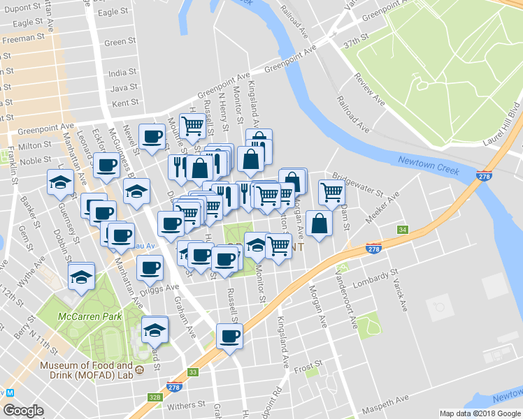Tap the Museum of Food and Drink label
[x=87, y=370]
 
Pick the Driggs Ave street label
[x=159, y=288]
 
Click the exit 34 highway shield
[x=402, y=230]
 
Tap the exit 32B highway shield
[x=155, y=397]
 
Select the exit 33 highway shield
[x=193, y=372]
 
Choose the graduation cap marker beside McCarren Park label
[x=155, y=329]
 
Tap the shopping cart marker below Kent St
[x=192, y=126]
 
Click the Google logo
[x=23, y=411]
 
